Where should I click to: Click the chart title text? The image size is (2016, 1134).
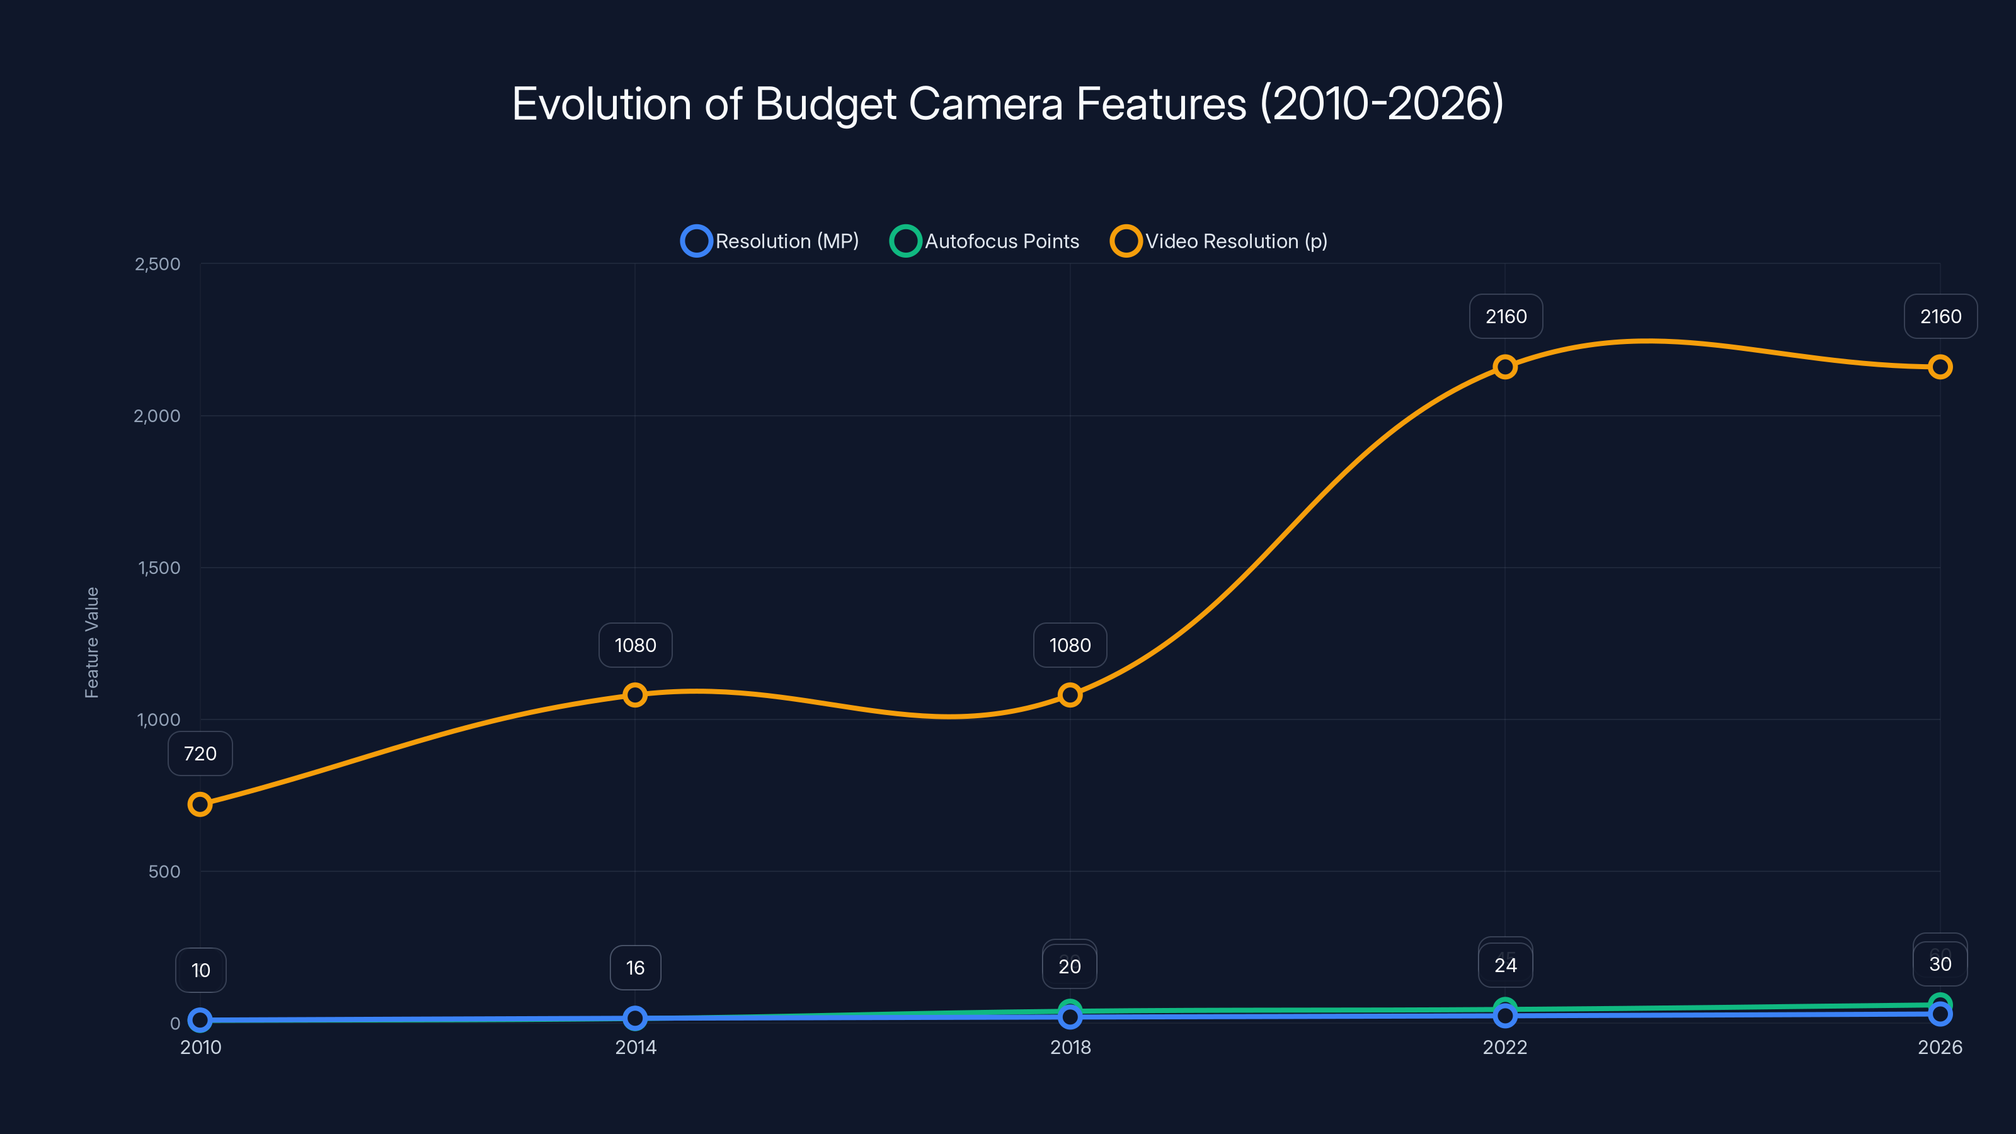pyautogui.click(x=1007, y=103)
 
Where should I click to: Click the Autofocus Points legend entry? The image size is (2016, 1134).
pyautogui.click(x=985, y=241)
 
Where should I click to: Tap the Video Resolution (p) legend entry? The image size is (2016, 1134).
pyautogui.click(x=1218, y=241)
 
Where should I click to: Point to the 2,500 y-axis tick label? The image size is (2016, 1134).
pyautogui.click(x=157, y=264)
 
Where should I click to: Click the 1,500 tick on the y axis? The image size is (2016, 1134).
pyautogui.click(x=159, y=568)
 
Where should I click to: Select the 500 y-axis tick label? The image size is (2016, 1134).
pyautogui.click(x=164, y=871)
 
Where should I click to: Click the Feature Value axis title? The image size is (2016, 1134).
pyautogui.click(x=91, y=642)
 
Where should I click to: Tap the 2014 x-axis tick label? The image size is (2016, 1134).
pyautogui.click(x=634, y=1047)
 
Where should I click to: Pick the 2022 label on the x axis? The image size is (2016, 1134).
pyautogui.click(x=1504, y=1047)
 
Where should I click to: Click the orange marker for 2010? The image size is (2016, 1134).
pyautogui.click(x=200, y=805)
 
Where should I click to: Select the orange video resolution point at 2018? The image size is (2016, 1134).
pyautogui.click(x=1070, y=695)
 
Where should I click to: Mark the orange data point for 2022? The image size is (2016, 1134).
pyautogui.click(x=1504, y=367)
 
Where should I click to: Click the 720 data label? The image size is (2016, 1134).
pyautogui.click(x=200, y=753)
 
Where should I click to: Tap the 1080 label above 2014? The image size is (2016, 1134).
pyautogui.click(x=634, y=645)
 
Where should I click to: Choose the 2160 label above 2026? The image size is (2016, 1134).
pyautogui.click(x=1940, y=316)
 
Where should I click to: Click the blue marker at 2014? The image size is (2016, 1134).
pyautogui.click(x=634, y=1018)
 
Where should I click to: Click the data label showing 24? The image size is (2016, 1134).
pyautogui.click(x=1504, y=966)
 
